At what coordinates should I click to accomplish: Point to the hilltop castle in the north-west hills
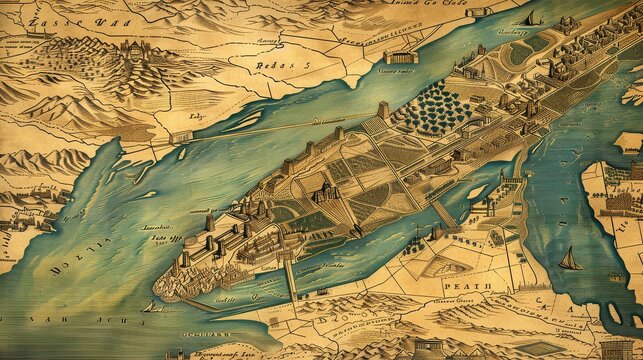(129, 46)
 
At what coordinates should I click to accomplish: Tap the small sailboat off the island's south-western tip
(153, 304)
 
